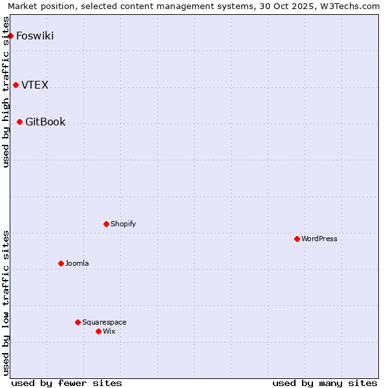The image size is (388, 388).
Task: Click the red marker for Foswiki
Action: click(11, 36)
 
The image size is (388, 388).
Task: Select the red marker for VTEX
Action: click(16, 85)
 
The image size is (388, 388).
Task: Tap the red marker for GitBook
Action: click(20, 122)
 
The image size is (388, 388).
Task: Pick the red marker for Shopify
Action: click(106, 224)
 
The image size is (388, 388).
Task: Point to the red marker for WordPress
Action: click(297, 239)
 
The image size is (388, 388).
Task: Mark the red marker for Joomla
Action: click(61, 263)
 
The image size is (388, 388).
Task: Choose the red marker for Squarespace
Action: click(78, 322)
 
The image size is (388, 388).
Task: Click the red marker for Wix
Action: click(98, 331)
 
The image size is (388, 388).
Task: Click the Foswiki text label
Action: click(35, 36)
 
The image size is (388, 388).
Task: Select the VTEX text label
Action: click(35, 85)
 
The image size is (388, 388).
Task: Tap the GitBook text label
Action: click(45, 122)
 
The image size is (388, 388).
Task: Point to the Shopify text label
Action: click(123, 224)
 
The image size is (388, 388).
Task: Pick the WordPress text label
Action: click(319, 239)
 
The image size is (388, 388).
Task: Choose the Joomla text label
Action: click(77, 263)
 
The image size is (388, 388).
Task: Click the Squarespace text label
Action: click(104, 322)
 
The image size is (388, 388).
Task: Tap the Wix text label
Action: click(109, 331)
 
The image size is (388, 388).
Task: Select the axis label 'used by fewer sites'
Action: click(67, 383)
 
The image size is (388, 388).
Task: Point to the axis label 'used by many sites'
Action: click(325, 383)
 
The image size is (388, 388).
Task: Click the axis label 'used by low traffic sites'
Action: click(6, 303)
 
